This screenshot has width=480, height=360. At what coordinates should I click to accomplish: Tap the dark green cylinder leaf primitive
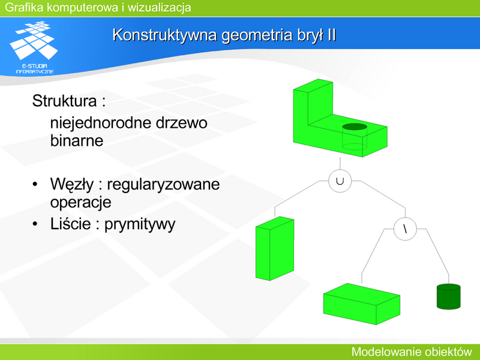coord(448,296)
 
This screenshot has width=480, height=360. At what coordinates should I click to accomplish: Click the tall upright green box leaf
coord(275,248)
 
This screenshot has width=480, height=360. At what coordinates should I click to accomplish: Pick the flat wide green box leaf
coord(362,304)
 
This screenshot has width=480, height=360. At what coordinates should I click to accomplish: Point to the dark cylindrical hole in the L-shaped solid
coord(355,127)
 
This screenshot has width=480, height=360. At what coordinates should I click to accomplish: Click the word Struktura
coord(64,101)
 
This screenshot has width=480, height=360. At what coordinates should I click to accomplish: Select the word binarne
coord(77,140)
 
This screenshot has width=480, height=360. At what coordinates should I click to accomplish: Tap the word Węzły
coord(72,185)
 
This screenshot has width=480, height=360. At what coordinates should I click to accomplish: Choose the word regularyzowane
coord(163,185)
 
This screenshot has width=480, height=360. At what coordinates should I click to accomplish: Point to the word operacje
coord(81,203)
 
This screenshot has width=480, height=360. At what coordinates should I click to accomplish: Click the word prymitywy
coord(140,224)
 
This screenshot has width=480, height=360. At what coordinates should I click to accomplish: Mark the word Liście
coord(70,223)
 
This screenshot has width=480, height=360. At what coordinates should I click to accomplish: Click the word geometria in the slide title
coord(257,35)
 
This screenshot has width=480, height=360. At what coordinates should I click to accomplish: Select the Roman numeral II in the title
coord(332,35)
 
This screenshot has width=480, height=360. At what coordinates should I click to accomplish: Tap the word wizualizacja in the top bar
coord(159,7)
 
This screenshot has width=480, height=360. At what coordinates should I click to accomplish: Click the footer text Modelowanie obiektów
coord(412,352)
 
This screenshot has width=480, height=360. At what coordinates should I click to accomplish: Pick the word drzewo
coord(182,123)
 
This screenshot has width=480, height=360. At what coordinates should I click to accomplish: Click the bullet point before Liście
coord(35,224)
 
